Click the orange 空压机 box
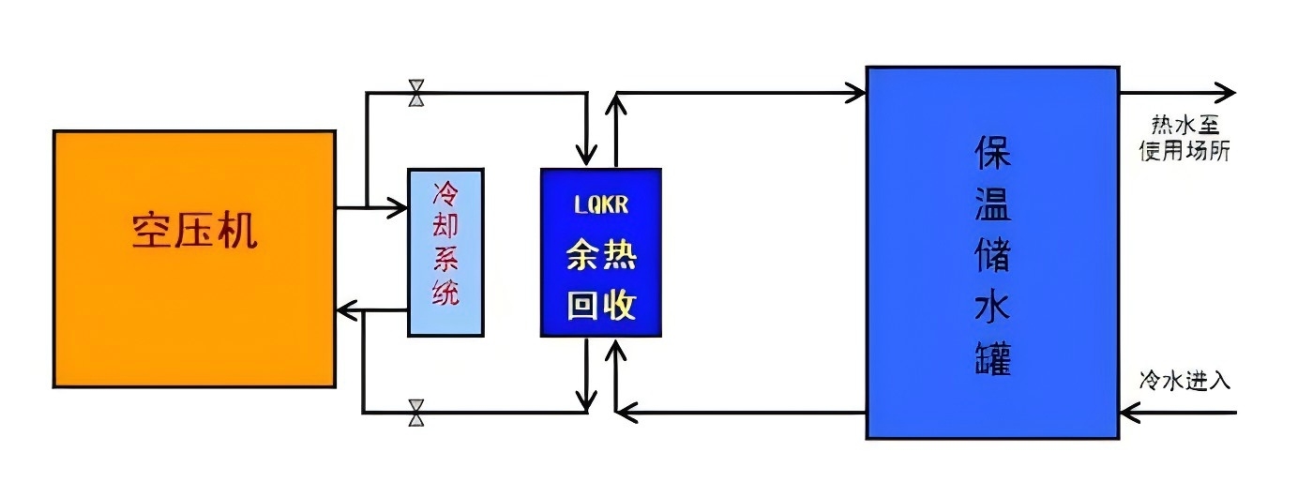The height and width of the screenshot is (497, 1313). [194, 258]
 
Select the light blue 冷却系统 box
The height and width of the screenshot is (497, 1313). [445, 251]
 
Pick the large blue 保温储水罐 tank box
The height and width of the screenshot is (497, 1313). [992, 251]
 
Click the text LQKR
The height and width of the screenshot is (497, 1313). [600, 203]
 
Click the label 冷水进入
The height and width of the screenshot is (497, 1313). [1184, 381]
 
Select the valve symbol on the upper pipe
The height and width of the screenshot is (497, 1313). [416, 94]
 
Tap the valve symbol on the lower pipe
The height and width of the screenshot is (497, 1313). [416, 412]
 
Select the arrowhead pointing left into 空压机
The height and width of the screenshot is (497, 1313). [345, 309]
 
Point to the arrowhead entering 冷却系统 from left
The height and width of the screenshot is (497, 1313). [400, 206]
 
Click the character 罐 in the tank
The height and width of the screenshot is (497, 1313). [992, 358]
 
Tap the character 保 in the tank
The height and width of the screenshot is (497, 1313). [992, 154]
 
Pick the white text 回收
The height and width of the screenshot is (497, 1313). [600, 305]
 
